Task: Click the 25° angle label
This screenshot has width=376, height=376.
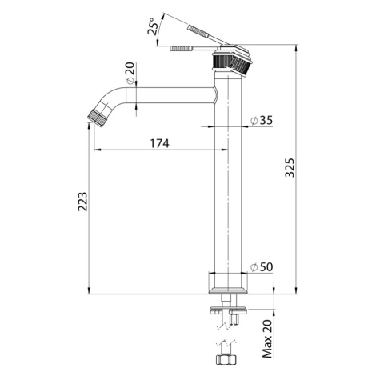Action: point(153,26)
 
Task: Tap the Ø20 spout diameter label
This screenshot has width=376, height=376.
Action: point(130,74)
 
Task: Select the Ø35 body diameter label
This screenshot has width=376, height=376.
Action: point(262,121)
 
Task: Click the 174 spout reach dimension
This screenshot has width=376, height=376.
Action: point(160,143)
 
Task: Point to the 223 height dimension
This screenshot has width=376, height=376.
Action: point(82,202)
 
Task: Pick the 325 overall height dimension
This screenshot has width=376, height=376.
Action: point(290,168)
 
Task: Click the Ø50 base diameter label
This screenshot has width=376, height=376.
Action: point(262,267)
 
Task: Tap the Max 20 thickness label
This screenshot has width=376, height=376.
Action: point(267,338)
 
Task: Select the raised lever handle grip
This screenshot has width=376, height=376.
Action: point(198,31)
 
